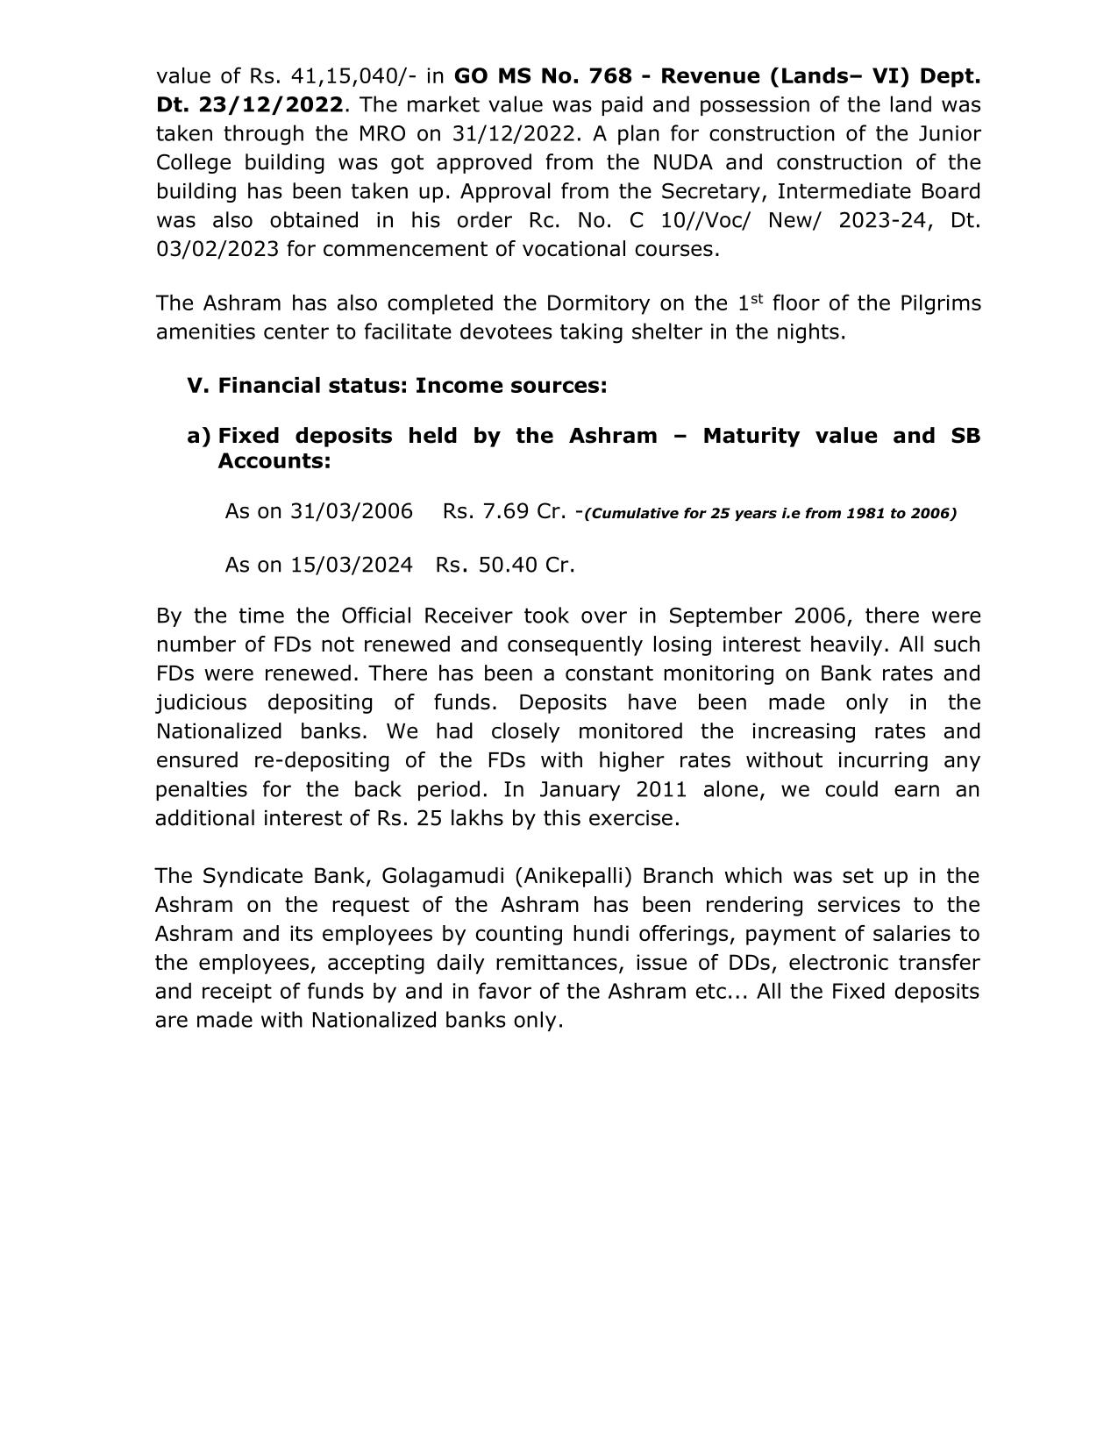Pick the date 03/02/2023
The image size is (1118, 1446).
tap(217, 249)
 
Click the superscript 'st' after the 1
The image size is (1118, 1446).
tap(758, 299)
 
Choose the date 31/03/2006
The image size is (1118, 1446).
tap(352, 511)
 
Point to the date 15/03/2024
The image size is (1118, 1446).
tap(352, 565)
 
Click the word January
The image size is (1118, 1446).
tap(582, 789)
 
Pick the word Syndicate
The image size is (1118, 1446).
tap(246, 876)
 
